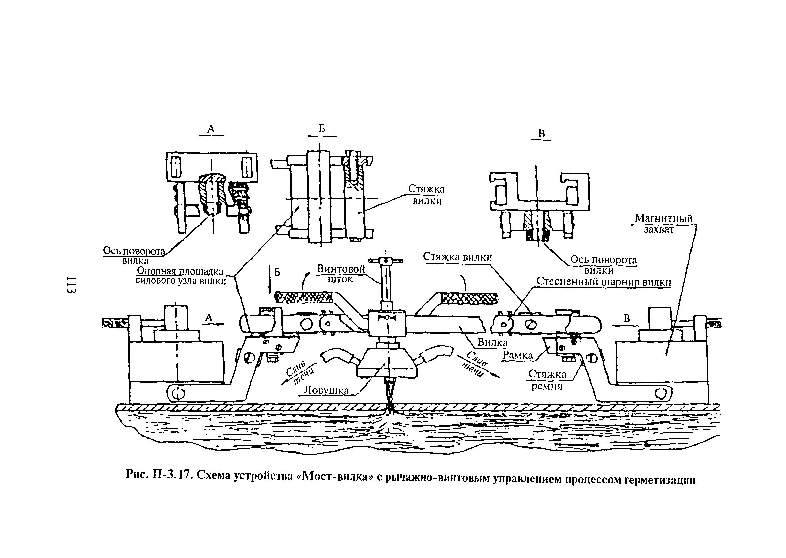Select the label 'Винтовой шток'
pyautogui.click(x=341, y=274)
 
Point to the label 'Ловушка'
pyautogui.click(x=326, y=390)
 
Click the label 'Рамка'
pyautogui.click(x=517, y=355)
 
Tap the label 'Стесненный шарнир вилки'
pyautogui.click(x=604, y=282)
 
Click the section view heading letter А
pyautogui.click(x=211, y=129)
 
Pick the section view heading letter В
pyautogui.click(x=541, y=134)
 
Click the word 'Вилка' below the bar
pyautogui.click(x=492, y=342)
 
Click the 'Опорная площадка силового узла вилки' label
pyautogui.click(x=181, y=276)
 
